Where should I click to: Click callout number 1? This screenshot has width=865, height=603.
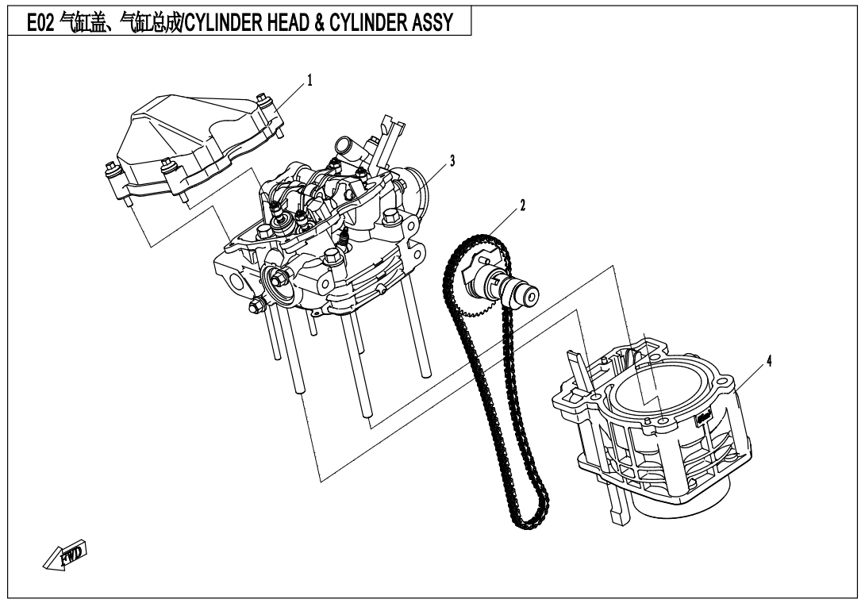(309, 81)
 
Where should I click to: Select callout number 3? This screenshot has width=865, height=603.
(452, 160)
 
